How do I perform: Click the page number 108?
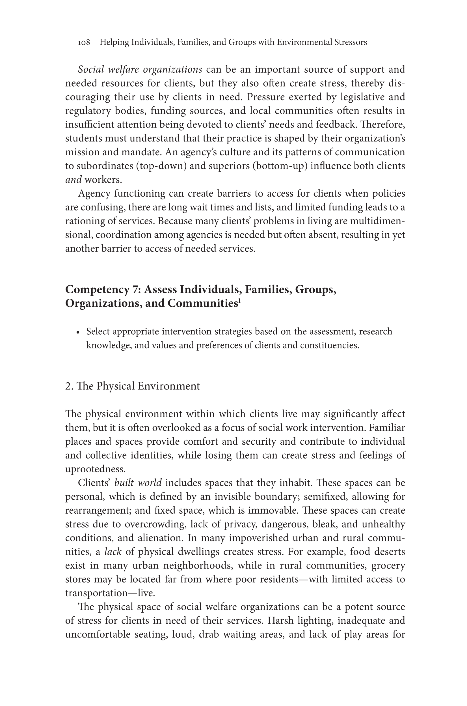coord(84,43)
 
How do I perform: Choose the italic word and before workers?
coord(73,180)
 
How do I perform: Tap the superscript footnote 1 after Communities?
coord(239,301)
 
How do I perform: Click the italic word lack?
coord(113,552)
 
